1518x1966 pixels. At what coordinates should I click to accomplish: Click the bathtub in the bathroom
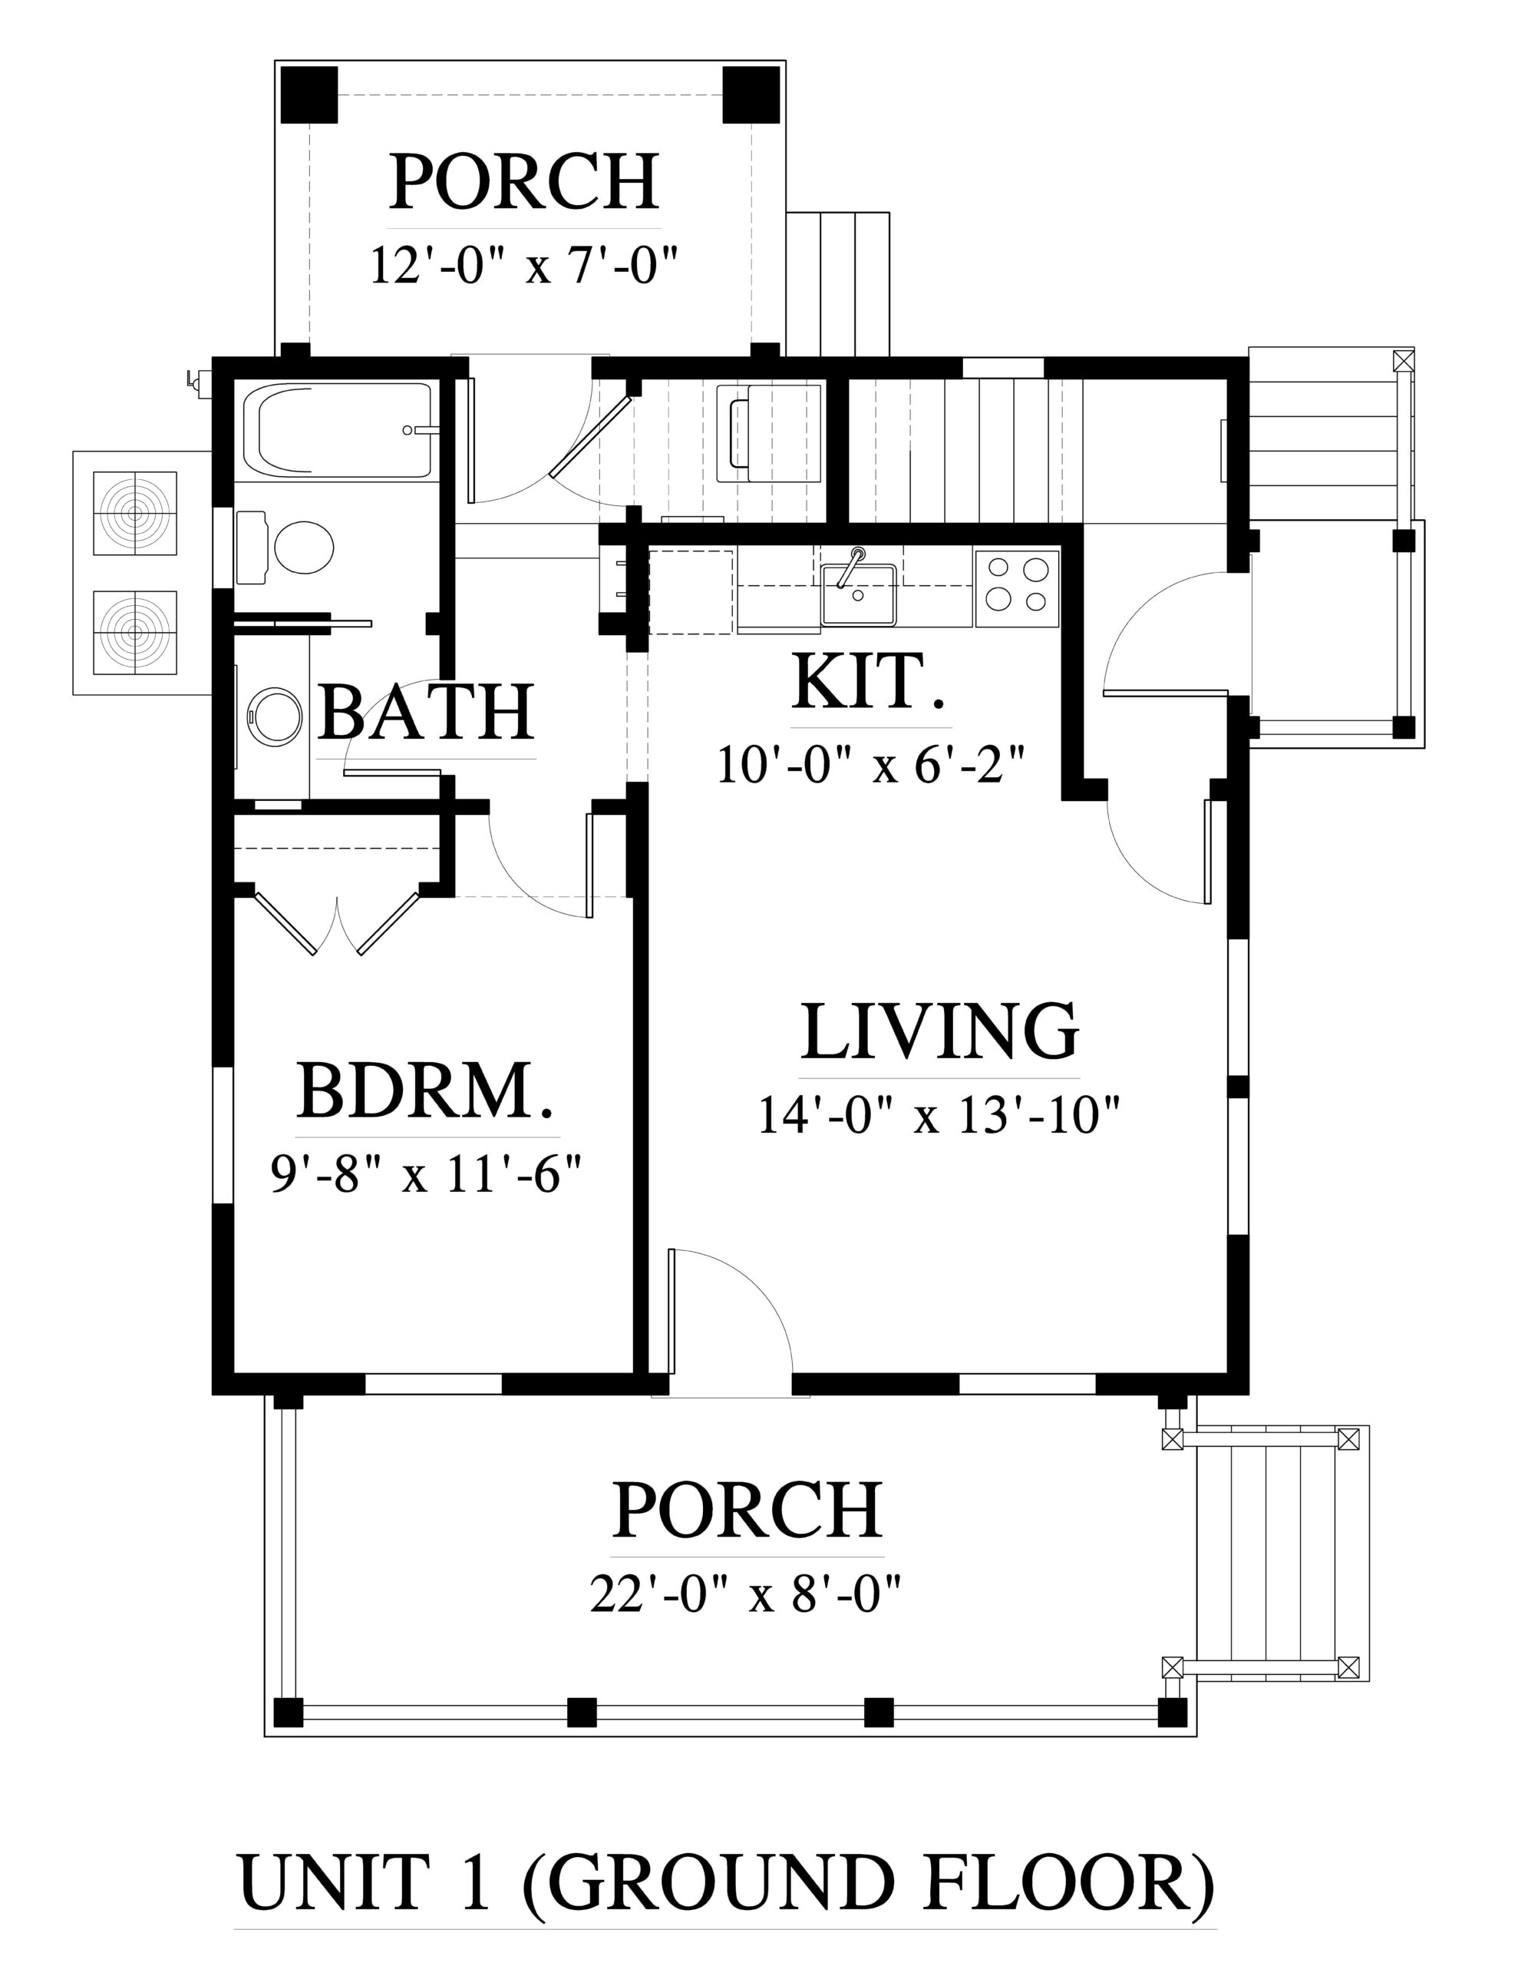click(x=345, y=430)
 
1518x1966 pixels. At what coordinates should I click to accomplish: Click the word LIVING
click(x=939, y=1031)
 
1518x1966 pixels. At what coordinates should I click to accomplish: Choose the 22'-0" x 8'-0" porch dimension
click(x=746, y=1595)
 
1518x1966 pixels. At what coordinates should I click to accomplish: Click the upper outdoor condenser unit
click(x=135, y=513)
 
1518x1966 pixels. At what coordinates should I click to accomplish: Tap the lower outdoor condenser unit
click(x=135, y=632)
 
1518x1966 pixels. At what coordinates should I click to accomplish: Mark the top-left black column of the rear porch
click(x=309, y=94)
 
